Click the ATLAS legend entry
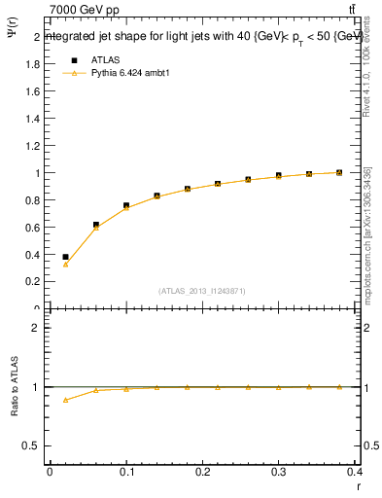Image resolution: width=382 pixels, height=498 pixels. (x=106, y=58)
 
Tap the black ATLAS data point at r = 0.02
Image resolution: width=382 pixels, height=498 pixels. (x=65, y=257)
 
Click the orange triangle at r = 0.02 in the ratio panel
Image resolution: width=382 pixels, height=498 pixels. (x=65, y=400)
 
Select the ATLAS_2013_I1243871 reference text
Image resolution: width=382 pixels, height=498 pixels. (x=202, y=291)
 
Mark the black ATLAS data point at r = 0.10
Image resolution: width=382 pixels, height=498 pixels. (x=126, y=205)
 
